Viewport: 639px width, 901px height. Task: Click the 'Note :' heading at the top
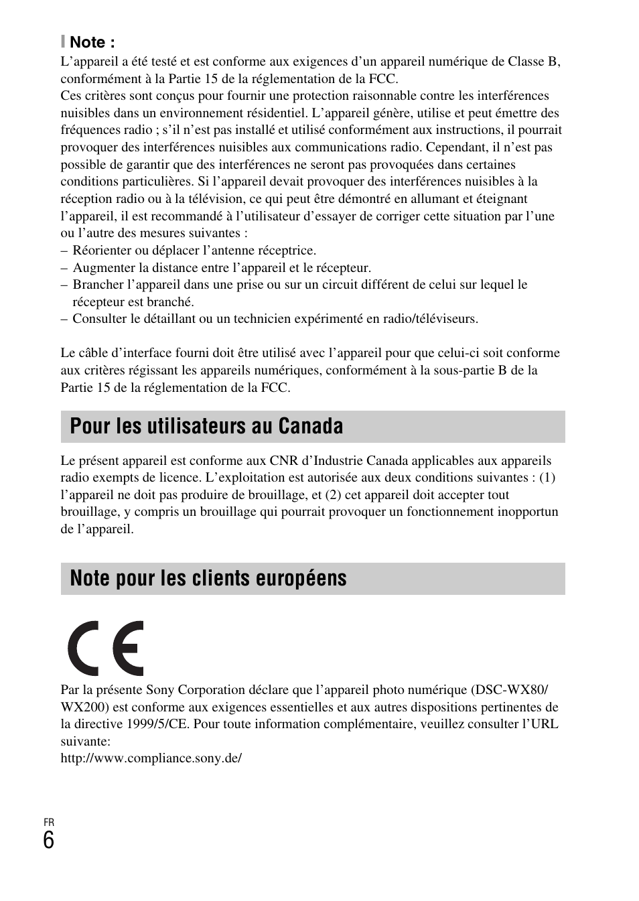tap(92, 42)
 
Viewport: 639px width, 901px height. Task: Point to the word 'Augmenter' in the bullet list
tap(102, 268)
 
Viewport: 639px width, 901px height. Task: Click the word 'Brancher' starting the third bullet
tap(97, 285)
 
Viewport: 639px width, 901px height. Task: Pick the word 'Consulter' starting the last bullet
tap(99, 319)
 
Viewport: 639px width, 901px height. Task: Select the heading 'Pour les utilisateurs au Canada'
tap(206, 426)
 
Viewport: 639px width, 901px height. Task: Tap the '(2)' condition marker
tap(333, 495)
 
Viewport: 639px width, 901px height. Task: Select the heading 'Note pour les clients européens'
tap(208, 578)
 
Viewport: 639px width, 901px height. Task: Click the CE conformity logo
tap(105, 648)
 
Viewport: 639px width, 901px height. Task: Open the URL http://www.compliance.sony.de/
tap(151, 758)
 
